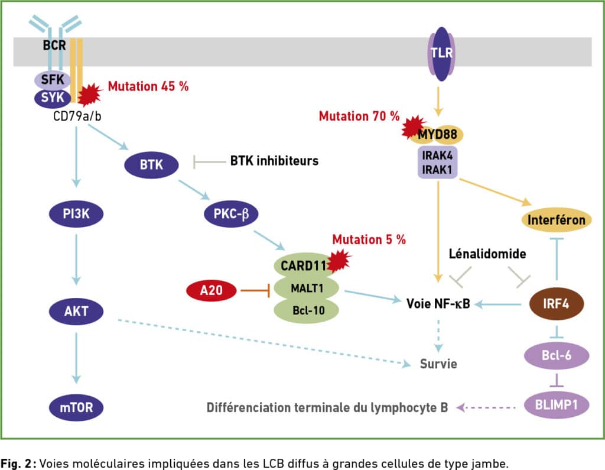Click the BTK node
coord(151,165)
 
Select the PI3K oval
coord(76,213)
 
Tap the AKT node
coord(76,312)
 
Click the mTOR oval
coord(76,408)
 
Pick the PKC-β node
coord(231,213)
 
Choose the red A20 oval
coord(211,290)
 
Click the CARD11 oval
coord(303,265)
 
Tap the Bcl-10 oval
coord(307,310)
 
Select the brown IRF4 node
coord(557,304)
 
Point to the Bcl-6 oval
coord(557,355)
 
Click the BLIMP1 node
coord(557,405)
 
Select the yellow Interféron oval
coord(557,220)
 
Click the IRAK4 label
coord(438,155)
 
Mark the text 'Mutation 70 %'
coord(359,116)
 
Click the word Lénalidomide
coord(487,254)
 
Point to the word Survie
coord(438,364)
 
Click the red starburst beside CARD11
coord(339,261)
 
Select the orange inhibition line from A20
coord(255,290)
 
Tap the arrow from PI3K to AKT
coord(76,260)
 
